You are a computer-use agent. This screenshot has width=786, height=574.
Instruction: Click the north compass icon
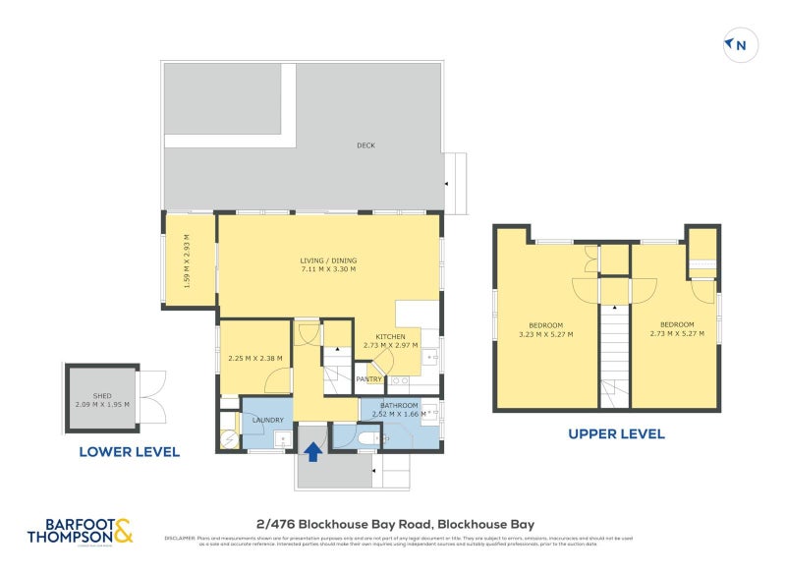(x=737, y=44)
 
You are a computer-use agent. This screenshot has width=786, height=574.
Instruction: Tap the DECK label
(x=365, y=146)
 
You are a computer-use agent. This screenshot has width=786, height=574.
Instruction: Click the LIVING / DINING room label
(x=327, y=260)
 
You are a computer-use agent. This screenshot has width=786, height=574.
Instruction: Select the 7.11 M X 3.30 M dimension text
(x=327, y=269)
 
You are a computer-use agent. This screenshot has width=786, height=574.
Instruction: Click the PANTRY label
(x=368, y=378)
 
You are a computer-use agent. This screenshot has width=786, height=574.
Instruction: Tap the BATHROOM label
(x=400, y=405)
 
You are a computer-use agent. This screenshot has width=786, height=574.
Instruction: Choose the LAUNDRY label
(x=268, y=420)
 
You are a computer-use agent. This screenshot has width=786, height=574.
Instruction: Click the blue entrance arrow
(x=312, y=451)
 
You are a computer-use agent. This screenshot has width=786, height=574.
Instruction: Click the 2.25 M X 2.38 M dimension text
(x=254, y=359)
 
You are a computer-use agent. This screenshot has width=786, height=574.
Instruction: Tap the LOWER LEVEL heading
(x=130, y=452)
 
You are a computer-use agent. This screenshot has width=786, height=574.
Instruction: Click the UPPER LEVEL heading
(x=616, y=433)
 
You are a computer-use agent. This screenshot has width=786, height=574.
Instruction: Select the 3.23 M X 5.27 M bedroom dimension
(x=546, y=334)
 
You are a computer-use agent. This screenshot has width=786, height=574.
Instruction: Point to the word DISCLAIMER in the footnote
(x=181, y=538)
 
